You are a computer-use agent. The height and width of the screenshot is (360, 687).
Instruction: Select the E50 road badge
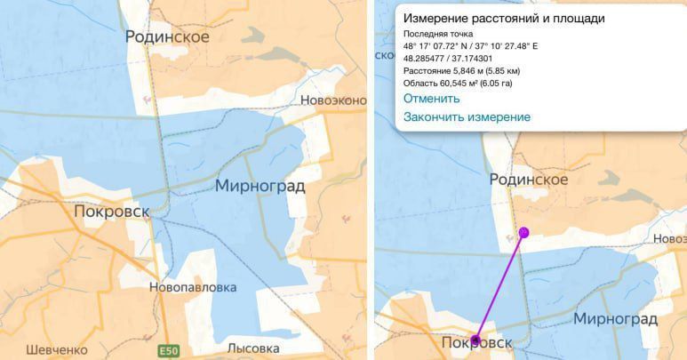click(167, 351)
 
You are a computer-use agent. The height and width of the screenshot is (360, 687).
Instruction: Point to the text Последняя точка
click(438, 34)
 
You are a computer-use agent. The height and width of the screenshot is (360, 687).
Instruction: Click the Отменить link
click(431, 99)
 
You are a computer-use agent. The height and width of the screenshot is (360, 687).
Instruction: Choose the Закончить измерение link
click(467, 117)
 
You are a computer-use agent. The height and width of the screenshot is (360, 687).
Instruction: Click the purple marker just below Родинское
click(524, 232)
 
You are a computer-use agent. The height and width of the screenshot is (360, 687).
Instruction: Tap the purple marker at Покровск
click(475, 339)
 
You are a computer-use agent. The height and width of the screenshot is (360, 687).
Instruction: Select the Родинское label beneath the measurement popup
click(529, 180)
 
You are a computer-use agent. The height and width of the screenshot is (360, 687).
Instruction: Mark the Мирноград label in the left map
click(260, 186)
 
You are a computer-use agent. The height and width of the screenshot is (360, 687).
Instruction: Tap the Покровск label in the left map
click(111, 212)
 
